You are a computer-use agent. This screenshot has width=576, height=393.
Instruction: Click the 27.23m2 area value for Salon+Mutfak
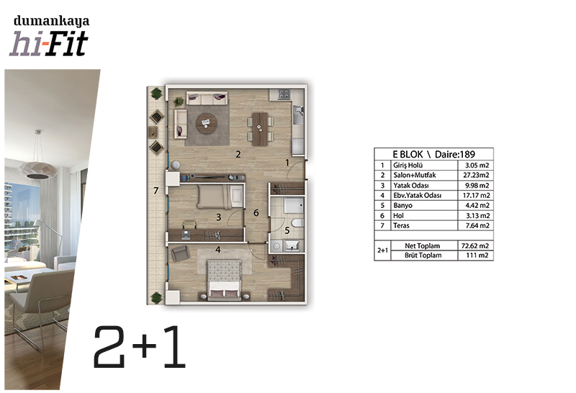[476, 175]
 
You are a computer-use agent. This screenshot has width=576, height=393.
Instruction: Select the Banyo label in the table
[402, 205]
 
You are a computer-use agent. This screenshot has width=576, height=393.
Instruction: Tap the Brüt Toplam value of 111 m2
[477, 256]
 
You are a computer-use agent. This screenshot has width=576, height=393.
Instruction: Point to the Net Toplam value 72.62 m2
[475, 245]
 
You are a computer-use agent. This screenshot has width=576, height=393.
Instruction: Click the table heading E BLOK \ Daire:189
[434, 154]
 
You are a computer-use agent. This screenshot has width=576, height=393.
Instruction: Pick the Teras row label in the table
[401, 225]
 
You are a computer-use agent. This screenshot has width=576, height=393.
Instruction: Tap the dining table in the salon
[260, 129]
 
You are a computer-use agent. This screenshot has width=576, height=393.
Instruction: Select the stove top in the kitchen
[284, 94]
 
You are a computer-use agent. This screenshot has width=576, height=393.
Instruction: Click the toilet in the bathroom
[297, 223]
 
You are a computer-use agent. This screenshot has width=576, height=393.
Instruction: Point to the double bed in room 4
[224, 280]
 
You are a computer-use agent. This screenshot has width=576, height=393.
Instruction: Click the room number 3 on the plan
[219, 217]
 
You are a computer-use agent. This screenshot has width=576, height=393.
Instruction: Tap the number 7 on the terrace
[156, 191]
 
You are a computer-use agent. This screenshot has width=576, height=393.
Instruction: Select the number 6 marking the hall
[256, 212]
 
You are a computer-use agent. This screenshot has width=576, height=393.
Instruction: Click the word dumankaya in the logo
[51, 22]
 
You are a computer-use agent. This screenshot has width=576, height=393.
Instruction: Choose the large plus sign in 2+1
[145, 347]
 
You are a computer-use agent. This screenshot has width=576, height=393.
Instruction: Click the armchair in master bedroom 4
[180, 253]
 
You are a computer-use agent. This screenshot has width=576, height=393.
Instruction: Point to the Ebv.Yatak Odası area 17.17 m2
[476, 195]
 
